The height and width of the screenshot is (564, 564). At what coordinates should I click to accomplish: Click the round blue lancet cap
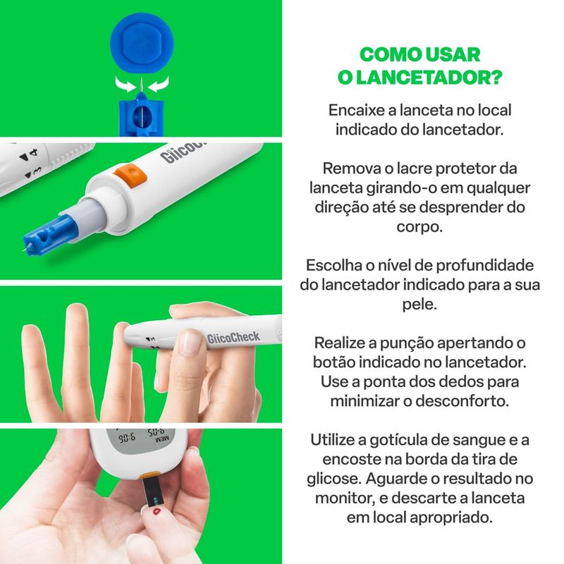(x=142, y=44)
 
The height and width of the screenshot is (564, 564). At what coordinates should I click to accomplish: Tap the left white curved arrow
(x=125, y=84)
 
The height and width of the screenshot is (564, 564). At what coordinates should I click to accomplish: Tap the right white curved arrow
(x=159, y=84)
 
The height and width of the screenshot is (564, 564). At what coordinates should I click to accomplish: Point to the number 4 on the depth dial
(x=33, y=152)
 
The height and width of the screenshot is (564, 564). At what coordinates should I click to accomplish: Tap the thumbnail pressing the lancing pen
(x=190, y=342)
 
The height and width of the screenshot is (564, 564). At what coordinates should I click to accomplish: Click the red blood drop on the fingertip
(x=157, y=511)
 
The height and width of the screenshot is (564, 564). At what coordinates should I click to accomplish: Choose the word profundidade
(x=486, y=266)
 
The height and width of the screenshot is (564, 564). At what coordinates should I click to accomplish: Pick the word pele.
(x=419, y=305)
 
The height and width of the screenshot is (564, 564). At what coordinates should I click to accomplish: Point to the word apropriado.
(x=451, y=518)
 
